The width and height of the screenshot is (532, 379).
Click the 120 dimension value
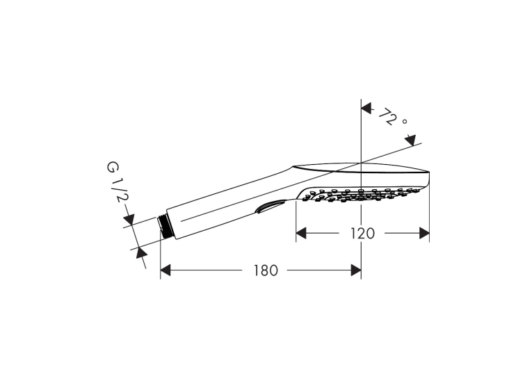tap(362, 234)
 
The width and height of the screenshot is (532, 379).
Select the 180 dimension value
tap(266, 271)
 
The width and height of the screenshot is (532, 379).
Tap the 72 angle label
tap(387, 117)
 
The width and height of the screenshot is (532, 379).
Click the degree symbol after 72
tap(404, 121)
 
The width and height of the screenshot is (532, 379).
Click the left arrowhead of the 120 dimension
tap(301, 234)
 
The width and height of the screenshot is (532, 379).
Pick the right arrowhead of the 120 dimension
tap(424, 234)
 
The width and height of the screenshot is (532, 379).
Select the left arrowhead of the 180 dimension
tap(166, 271)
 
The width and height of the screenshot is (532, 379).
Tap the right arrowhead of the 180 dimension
tap(356, 271)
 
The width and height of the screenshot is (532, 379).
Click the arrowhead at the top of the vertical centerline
tap(366, 108)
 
